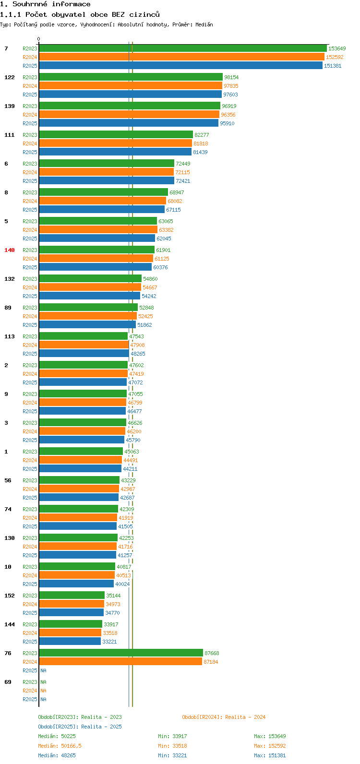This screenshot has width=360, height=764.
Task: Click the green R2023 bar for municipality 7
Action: (x=183, y=48)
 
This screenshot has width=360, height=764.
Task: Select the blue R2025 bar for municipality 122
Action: (x=131, y=95)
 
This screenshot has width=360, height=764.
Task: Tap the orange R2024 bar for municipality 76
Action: (x=120, y=662)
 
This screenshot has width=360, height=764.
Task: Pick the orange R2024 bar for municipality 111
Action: (x=116, y=143)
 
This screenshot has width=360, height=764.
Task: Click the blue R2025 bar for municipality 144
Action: (x=70, y=642)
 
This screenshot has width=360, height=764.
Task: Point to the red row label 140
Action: (x=10, y=250)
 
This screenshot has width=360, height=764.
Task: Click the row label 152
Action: (x=10, y=596)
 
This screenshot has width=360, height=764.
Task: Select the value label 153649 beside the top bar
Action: (x=337, y=48)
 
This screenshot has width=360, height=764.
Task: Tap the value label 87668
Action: (x=212, y=653)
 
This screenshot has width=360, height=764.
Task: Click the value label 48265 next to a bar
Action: (x=138, y=354)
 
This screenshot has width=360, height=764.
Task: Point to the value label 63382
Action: (x=166, y=230)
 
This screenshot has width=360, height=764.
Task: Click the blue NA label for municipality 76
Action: (x=43, y=670)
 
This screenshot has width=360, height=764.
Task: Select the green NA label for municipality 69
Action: (x=43, y=682)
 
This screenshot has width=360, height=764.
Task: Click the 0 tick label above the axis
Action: (x=38, y=39)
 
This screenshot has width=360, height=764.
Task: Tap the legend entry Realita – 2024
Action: (x=224, y=717)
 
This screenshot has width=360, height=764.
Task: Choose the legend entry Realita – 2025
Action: (x=80, y=727)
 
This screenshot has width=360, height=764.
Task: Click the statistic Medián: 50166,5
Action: (x=60, y=746)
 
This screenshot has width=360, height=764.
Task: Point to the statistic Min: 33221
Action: (x=172, y=755)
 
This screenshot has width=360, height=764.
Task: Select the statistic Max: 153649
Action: (x=270, y=736)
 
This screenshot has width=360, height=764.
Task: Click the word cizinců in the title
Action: (x=144, y=14)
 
